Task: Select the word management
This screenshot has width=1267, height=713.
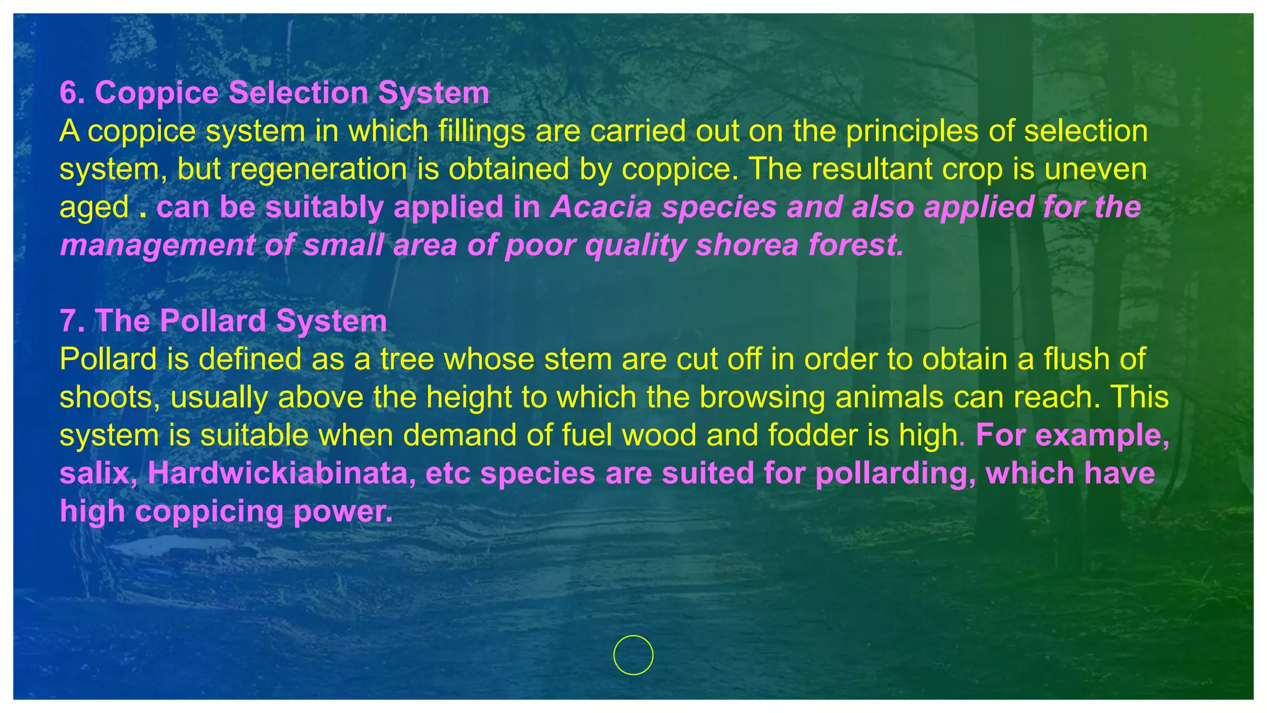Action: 157,246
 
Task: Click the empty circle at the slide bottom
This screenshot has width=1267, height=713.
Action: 633,655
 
